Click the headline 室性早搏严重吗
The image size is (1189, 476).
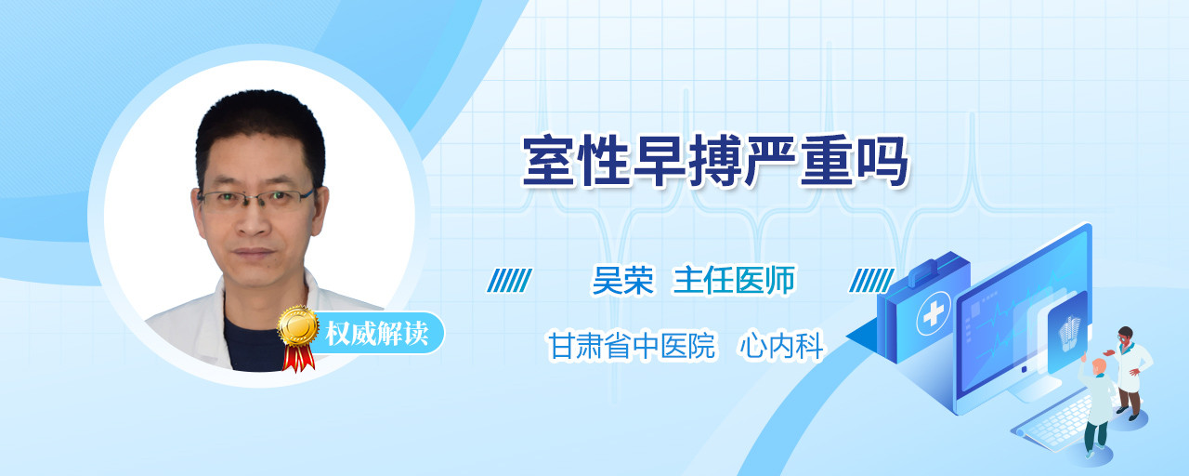tap(715, 161)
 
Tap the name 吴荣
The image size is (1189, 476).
tap(623, 280)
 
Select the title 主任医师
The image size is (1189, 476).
tap(735, 280)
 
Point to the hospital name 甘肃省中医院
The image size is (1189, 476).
tap(632, 346)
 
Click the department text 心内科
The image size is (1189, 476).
tap(781, 346)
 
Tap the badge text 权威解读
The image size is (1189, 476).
tap(377, 333)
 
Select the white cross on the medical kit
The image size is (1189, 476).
tap(933, 314)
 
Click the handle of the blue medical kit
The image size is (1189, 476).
tap(926, 270)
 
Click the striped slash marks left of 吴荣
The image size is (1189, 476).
tap(510, 281)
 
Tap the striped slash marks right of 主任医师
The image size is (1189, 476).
tap(871, 281)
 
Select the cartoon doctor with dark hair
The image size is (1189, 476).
tap(1130, 372)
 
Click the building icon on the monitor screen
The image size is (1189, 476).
tap(1069, 333)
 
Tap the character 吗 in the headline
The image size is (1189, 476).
tap(882, 161)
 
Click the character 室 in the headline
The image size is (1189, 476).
tap(549, 161)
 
